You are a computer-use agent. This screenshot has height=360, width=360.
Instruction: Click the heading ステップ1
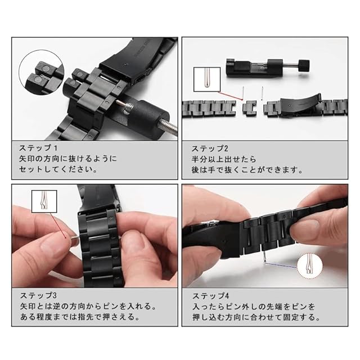coord(38,148)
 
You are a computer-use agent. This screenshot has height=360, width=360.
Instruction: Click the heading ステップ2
coord(210,148)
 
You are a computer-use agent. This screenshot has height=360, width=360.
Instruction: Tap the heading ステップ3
coord(38,295)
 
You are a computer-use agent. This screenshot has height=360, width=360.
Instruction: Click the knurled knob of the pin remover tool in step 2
coord(304,65)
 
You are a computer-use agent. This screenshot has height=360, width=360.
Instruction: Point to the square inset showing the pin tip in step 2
coord(207,79)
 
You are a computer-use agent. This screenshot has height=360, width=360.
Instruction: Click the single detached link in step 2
coord(250,108)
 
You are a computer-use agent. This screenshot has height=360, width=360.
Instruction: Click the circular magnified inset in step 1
coord(42,71)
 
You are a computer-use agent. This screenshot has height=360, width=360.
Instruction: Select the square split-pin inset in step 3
coord(44,201)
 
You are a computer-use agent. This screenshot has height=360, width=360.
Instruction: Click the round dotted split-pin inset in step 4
coord(310,266)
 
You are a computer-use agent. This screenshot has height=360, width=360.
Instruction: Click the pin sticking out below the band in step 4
coord(265,256)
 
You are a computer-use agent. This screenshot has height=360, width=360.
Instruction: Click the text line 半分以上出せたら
coord(224,159)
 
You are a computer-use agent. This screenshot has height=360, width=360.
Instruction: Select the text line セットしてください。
coord(58,169)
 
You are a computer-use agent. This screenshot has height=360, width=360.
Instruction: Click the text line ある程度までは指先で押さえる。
coord(80,317)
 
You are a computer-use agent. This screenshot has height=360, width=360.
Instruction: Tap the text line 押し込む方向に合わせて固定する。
coord(256,317)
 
